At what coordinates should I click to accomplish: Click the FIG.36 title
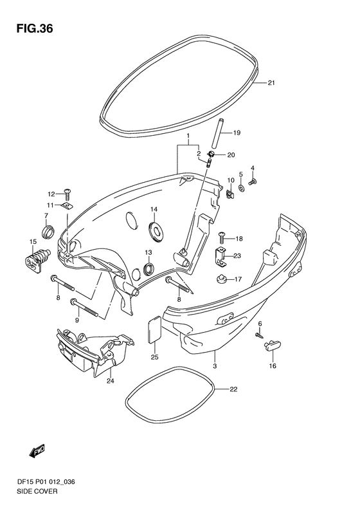(34, 29)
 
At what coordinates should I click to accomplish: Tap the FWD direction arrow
(37, 451)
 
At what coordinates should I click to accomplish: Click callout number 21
(271, 83)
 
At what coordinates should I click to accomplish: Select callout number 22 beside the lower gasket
(234, 389)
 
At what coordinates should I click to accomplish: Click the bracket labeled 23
(221, 257)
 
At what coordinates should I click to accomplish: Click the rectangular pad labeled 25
(154, 329)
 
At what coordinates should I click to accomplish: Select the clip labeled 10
(230, 194)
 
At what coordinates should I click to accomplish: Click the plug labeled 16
(272, 346)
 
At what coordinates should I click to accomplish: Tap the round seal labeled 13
(148, 270)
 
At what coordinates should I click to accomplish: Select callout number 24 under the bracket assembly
(111, 381)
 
